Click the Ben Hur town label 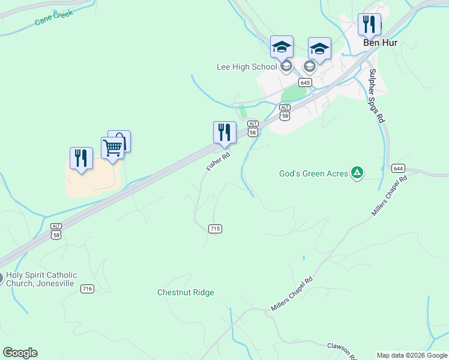point(381,43)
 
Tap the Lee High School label point(246,67)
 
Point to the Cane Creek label point(54,17)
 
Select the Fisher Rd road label point(218,161)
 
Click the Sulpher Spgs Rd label point(376,96)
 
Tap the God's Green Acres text point(313,173)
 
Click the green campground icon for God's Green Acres point(357,173)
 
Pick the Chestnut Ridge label point(185,292)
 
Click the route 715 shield point(215,229)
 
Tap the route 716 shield point(87,289)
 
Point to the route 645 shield point(305,82)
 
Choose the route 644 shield point(397,168)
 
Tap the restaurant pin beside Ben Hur point(370,25)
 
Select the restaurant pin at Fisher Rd point(224,132)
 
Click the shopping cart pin point(112,147)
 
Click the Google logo point(20,353)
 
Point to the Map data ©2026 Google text point(412,355)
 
